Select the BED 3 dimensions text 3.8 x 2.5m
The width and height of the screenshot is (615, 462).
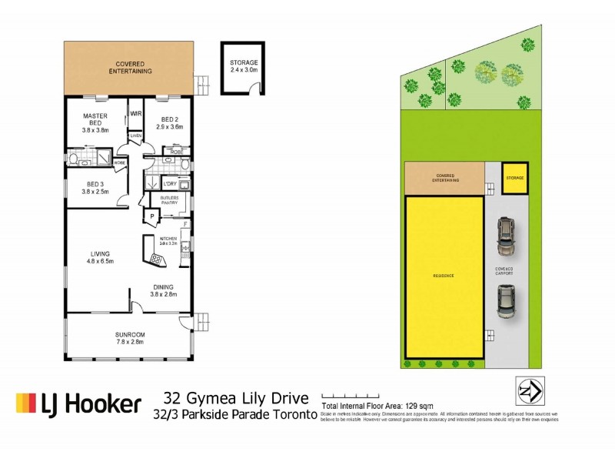95,192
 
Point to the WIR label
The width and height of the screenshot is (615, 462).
136,113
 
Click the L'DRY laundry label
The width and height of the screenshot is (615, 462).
170,184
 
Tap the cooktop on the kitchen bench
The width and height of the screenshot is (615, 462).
156,259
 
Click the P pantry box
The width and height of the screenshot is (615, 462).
152,217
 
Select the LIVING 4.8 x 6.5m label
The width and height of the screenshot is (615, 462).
101,257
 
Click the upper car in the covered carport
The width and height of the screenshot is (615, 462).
505,237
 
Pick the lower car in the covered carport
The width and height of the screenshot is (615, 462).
505,301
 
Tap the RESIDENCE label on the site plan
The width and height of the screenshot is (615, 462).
444,276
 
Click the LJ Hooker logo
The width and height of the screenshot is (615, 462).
78,403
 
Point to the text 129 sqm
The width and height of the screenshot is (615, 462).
410,405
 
